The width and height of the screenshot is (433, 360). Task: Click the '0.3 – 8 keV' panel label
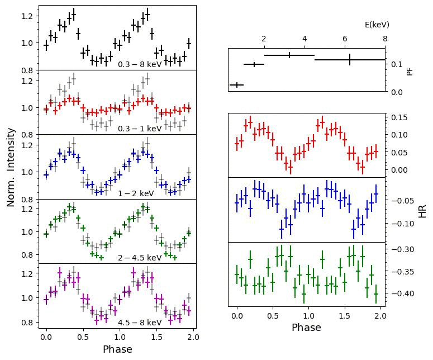(x=139, y=64)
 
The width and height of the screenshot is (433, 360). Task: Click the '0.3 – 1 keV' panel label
(x=139, y=129)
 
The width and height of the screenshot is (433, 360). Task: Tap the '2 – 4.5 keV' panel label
(x=139, y=258)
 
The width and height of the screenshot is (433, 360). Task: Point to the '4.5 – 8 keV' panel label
(x=139, y=323)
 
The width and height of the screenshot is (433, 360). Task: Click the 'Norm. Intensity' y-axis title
(x=11, y=167)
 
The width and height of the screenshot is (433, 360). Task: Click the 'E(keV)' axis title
(x=377, y=25)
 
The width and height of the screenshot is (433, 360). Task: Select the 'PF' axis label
(x=410, y=71)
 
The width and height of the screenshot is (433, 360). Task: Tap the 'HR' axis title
(x=422, y=210)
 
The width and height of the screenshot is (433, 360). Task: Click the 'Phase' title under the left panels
(x=117, y=349)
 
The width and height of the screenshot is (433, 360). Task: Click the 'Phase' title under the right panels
(x=306, y=328)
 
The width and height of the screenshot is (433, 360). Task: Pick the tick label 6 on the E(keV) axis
(x=345, y=39)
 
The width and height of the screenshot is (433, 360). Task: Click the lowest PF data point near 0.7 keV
(x=237, y=85)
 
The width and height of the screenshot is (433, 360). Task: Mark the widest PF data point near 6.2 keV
(x=350, y=59)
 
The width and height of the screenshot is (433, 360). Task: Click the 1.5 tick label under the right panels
(x=345, y=316)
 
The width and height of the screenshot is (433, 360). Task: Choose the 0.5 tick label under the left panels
(x=83, y=338)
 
